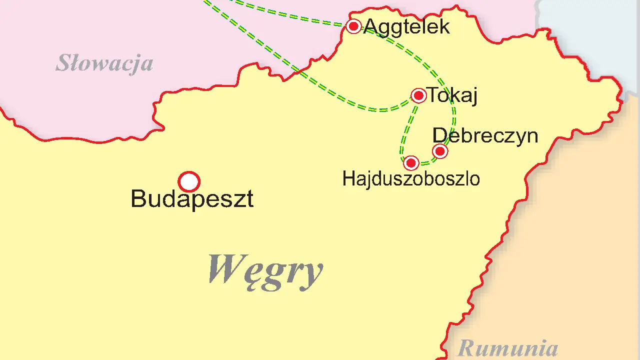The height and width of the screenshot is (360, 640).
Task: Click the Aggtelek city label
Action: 406,26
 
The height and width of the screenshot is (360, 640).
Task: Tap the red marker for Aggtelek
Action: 354,26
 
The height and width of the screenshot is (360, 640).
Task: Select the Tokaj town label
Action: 452,95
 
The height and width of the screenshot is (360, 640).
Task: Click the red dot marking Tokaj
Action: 418,95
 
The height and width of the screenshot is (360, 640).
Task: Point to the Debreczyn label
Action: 485,135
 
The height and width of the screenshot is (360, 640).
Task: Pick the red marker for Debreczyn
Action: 440,151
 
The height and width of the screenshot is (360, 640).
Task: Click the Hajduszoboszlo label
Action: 411,179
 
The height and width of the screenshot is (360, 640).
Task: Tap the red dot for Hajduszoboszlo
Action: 411,163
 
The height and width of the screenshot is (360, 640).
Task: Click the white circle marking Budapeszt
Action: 189,181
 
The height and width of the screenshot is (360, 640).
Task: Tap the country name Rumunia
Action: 507,347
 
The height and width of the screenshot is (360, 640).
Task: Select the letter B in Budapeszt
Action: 138,199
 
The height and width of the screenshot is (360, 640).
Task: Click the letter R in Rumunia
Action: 465,347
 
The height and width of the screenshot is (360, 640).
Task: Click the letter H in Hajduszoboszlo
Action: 347,179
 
